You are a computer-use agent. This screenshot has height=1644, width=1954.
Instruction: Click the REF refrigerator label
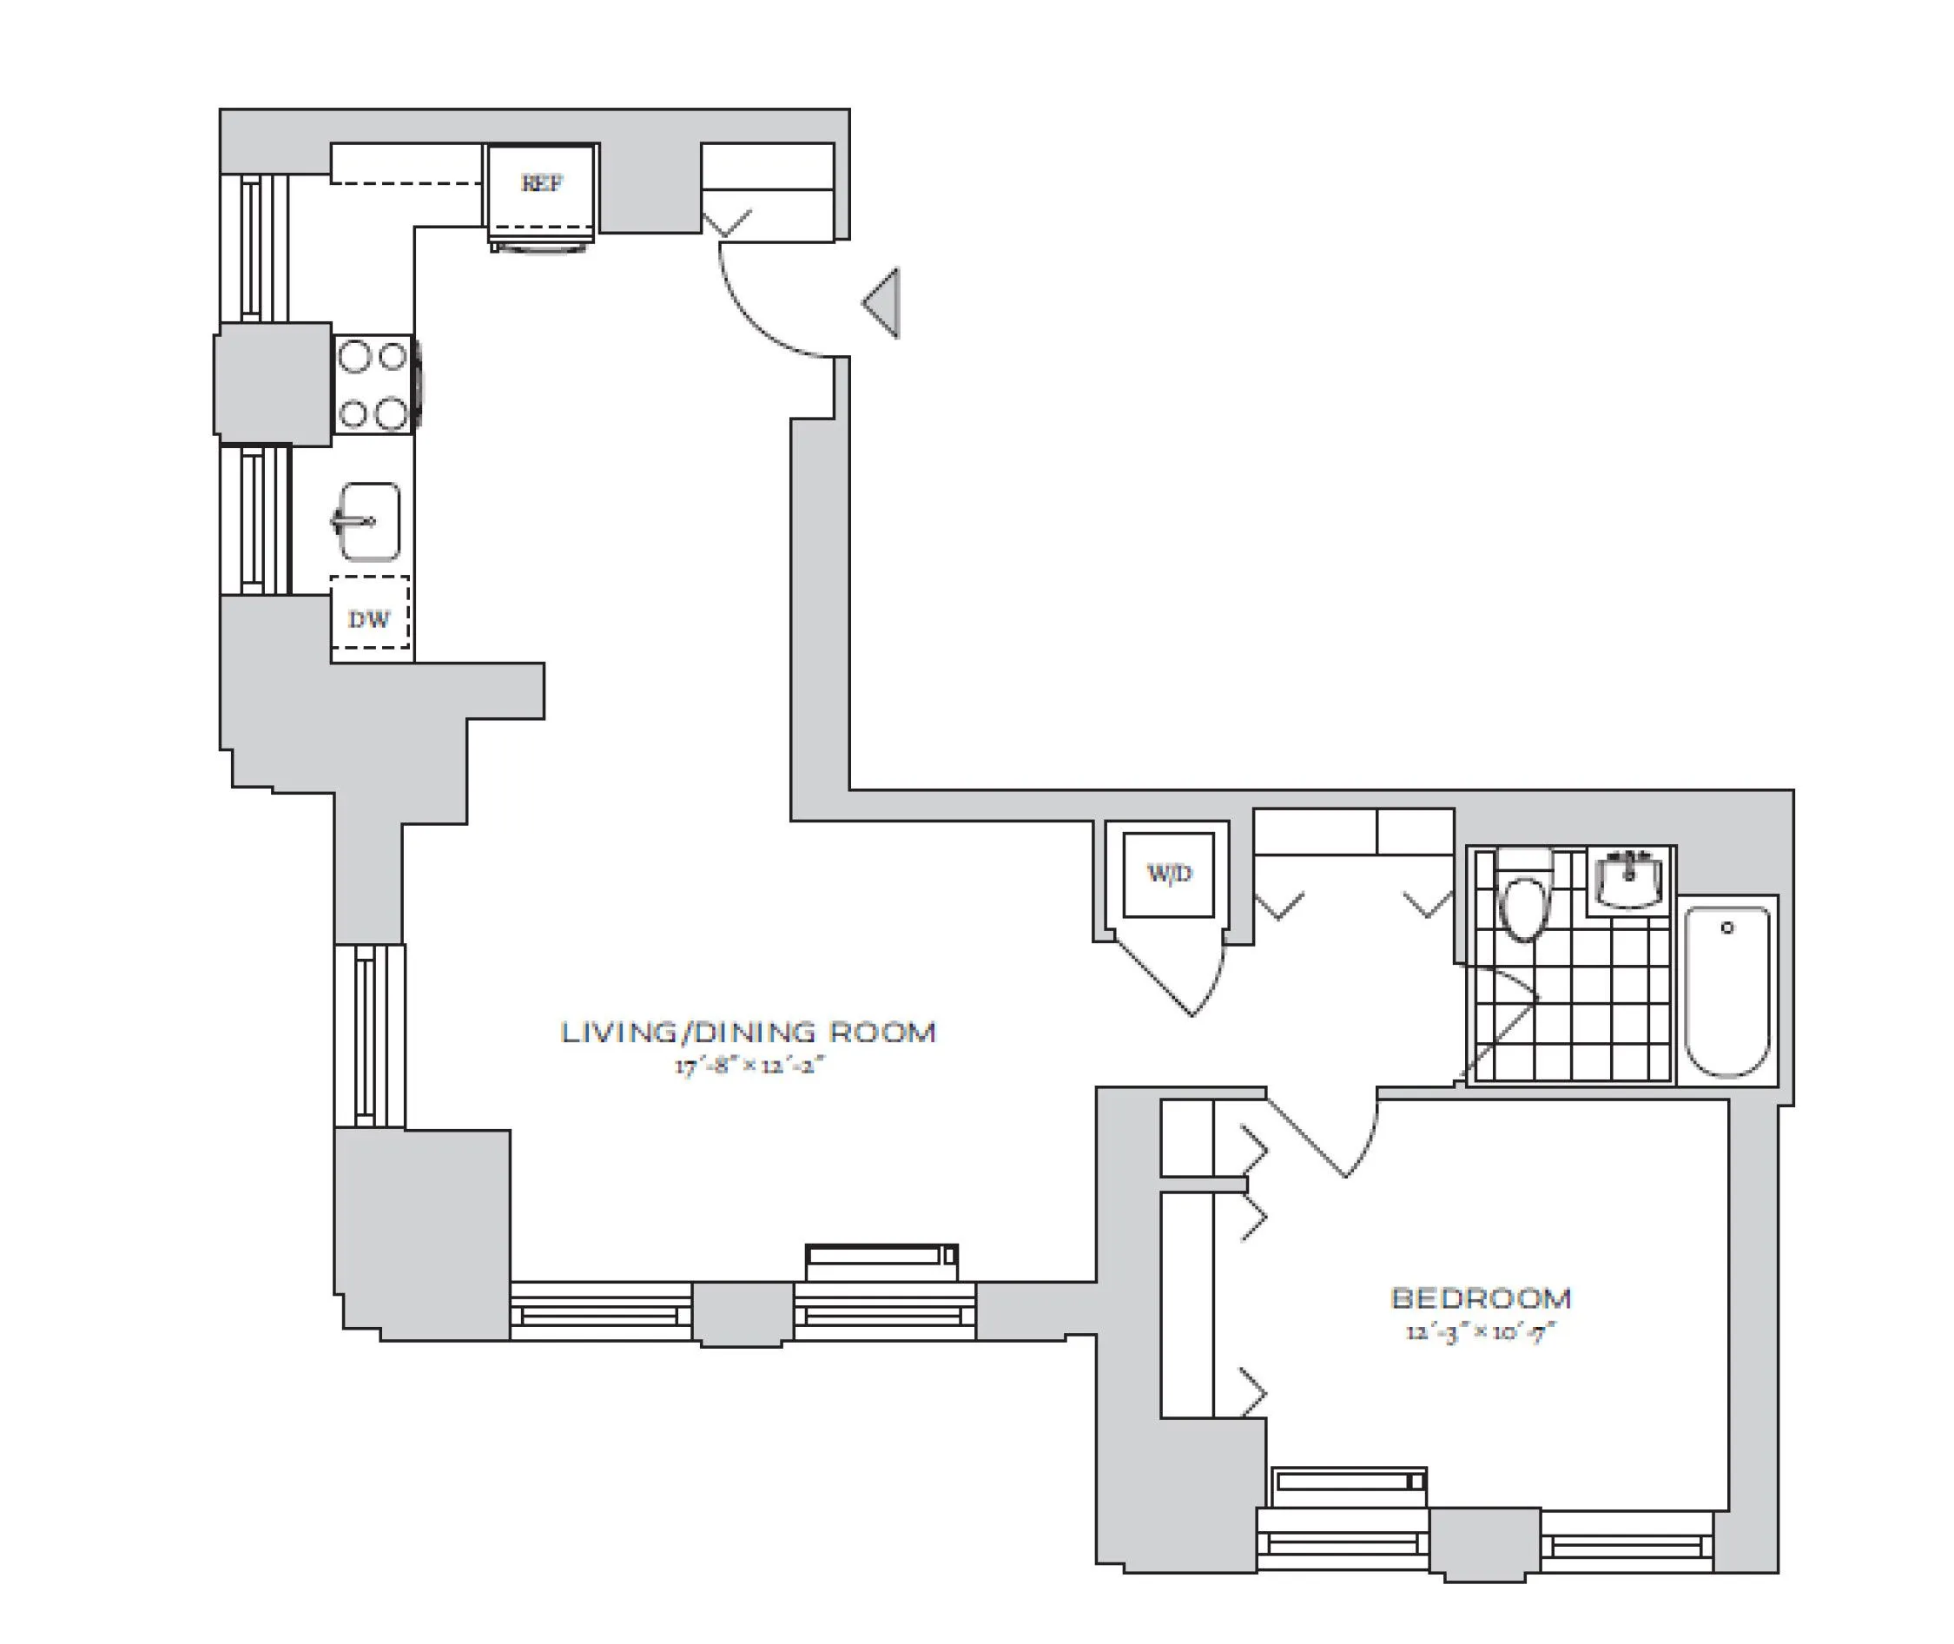541,182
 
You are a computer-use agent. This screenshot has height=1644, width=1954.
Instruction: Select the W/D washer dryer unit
1168,875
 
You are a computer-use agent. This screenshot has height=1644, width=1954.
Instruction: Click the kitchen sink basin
370,522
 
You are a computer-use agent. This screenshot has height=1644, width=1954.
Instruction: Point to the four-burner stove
373,384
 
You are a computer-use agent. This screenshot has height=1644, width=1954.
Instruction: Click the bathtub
1727,991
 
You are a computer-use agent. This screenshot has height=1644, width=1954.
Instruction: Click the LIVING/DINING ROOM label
749,1033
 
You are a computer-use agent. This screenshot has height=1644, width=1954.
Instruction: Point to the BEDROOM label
1481,1298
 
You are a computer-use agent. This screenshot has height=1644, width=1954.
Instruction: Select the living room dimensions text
750,1066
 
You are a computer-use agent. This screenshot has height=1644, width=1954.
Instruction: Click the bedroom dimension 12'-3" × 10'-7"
1481,1332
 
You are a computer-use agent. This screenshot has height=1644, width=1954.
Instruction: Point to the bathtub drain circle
1726,928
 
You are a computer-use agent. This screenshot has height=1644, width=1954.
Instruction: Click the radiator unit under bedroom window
1349,1481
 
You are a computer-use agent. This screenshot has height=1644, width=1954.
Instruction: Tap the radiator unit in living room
881,1257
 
